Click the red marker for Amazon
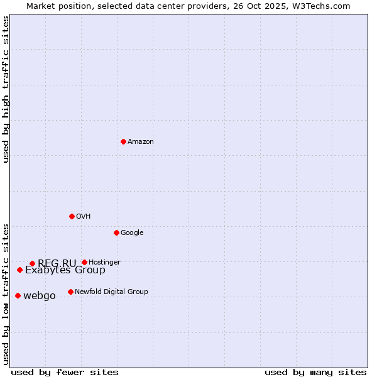pyautogui.click(x=123, y=141)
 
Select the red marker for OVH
pyautogui.click(x=72, y=216)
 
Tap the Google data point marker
pyautogui.click(x=116, y=232)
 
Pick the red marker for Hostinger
pyautogui.click(x=84, y=262)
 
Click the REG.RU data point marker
pyautogui.click(x=32, y=263)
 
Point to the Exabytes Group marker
pyautogui.click(x=19, y=270)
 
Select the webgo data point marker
pyautogui.click(x=18, y=295)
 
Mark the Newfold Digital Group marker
pyautogui.click(x=70, y=292)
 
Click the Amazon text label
pyautogui.click(x=140, y=142)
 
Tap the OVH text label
pyautogui.click(x=83, y=217)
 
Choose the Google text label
pyautogui.click(x=132, y=233)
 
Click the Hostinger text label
pyautogui.click(x=104, y=262)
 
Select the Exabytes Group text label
pyautogui.click(x=65, y=271)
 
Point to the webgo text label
pyautogui.click(x=40, y=296)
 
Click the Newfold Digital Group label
pyautogui.click(x=111, y=292)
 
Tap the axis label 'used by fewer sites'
pyautogui.click(x=65, y=372)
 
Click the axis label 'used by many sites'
pyautogui.click(x=315, y=372)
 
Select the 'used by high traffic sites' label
pyautogui.click(x=6, y=89)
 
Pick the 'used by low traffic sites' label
pyautogui.click(x=6, y=294)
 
